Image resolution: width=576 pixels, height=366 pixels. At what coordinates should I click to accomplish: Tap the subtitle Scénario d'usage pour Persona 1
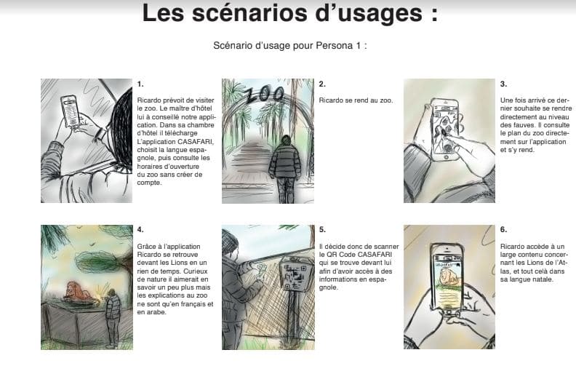click(x=290, y=46)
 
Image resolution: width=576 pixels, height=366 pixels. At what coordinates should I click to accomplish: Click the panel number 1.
click(x=140, y=84)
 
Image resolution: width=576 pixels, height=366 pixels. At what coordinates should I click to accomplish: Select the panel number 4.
click(x=140, y=230)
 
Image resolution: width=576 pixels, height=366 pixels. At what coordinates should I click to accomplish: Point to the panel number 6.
click(x=503, y=230)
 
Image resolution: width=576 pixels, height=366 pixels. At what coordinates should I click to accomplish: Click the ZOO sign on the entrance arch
click(x=265, y=94)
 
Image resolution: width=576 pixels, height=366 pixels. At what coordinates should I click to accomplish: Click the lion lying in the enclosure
click(x=79, y=291)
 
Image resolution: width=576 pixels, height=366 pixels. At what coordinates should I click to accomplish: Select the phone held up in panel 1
click(x=71, y=111)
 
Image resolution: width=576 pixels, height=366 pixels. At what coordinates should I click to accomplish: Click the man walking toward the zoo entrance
click(x=284, y=169)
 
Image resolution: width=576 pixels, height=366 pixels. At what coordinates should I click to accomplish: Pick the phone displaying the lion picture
click(x=447, y=281)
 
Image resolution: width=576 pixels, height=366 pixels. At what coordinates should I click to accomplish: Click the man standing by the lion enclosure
click(x=113, y=318)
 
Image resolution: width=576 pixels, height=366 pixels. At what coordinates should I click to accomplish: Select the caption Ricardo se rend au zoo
click(x=356, y=100)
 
